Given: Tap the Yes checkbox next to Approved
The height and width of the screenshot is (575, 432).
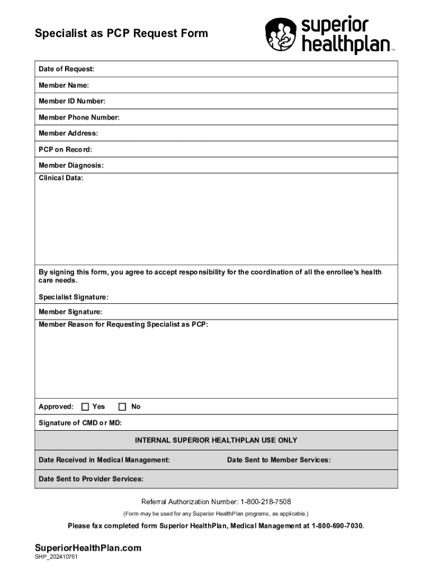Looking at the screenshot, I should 85,407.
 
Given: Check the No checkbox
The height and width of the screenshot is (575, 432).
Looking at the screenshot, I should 122,407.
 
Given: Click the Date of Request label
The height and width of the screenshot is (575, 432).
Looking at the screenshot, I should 66,69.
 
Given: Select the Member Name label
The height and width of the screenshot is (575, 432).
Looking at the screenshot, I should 63,85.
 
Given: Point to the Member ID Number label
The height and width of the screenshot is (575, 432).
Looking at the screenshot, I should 72,101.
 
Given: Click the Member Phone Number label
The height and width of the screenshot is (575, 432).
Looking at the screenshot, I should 79,117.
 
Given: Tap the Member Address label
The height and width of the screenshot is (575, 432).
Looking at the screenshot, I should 68,133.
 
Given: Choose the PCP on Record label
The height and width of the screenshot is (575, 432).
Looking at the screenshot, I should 65,149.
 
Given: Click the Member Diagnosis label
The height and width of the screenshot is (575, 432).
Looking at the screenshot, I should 71,166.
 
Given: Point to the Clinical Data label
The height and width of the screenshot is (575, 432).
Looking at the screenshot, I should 61,178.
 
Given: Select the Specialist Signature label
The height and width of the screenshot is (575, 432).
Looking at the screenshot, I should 73,297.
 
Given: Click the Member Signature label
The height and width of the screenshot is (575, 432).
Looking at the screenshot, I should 70,312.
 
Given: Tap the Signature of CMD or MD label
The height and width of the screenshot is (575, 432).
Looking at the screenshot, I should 80,423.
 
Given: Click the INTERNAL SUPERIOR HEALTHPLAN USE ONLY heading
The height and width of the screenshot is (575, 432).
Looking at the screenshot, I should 216,440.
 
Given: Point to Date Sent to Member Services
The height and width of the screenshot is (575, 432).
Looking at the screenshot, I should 279,460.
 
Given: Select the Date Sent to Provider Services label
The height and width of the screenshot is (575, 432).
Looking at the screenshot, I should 91,479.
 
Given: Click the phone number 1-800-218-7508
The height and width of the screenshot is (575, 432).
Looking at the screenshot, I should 265,501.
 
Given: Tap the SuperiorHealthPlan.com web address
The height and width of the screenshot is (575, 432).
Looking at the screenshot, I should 88,548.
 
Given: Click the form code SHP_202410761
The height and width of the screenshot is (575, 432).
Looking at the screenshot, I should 56,558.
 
